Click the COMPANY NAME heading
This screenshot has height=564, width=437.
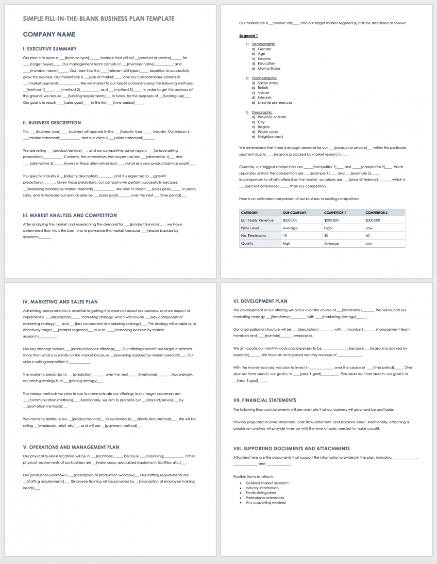pos(49,34)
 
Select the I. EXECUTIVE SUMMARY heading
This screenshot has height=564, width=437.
pos(50,49)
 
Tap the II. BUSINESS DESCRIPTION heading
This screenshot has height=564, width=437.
pos(52,123)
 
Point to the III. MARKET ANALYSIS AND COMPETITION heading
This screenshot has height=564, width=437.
pos(70,215)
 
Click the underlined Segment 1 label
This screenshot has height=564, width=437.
pos(249,36)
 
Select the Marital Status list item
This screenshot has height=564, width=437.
pos(269,68)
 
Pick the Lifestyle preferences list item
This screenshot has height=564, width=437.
pos(275,103)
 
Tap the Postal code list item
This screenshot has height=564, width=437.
pos(268,132)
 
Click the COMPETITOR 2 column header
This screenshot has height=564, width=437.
pos(376,212)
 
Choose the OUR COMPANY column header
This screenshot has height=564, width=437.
pos(295,212)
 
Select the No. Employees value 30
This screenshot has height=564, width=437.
pos(327,236)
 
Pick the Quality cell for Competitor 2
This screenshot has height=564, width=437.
pos(369,243)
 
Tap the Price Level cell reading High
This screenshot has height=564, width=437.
pos(328,228)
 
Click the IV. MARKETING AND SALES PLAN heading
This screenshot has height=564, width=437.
pos(60,302)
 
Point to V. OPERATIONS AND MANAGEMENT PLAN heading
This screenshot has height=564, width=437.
pos(71,447)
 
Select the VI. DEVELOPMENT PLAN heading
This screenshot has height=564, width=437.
pos(260,301)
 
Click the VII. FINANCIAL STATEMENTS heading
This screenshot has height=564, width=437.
pos(265,400)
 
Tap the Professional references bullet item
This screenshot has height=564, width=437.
pos(265,498)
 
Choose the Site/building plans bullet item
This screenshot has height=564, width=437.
pos(261,493)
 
